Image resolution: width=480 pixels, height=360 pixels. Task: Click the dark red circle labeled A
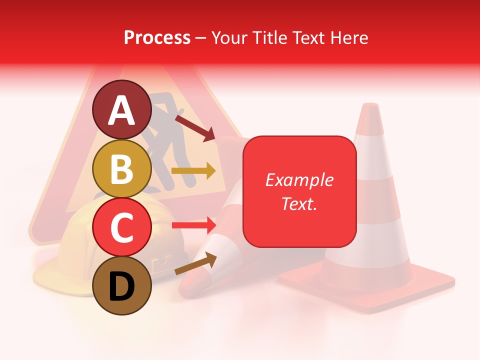tap(121, 109)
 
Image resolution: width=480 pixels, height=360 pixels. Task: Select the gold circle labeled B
tap(121, 168)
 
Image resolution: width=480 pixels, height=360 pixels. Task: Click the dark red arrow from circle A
tap(194, 128)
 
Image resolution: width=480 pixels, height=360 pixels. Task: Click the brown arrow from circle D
tap(195, 263)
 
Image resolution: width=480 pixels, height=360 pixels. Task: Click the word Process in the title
tap(157, 37)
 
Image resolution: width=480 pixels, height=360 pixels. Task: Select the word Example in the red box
tap(299, 180)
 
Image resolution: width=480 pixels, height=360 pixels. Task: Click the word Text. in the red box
tap(299, 203)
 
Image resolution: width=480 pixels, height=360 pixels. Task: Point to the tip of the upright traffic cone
tap(370, 106)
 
